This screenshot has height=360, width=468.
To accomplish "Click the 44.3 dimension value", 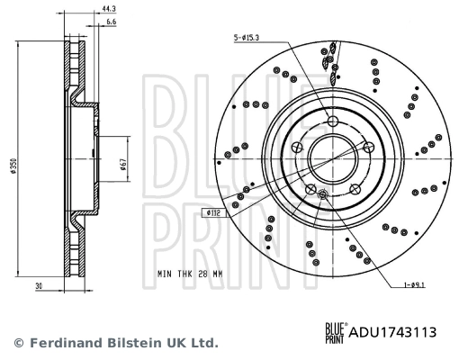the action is pyautogui.click(x=109, y=9).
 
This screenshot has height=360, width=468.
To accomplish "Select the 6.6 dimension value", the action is pyautogui.click(x=111, y=22).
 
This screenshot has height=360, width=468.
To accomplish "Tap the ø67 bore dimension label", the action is pyautogui.click(x=123, y=165).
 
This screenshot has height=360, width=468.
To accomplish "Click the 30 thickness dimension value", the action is pyautogui.click(x=39, y=286).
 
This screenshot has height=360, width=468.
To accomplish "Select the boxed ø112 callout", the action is pyautogui.click(x=213, y=213).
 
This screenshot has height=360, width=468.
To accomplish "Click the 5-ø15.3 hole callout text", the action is pyautogui.click(x=247, y=38).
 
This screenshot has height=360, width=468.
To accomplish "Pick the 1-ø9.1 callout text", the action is pyautogui.click(x=414, y=284).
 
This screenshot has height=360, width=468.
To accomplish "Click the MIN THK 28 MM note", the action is pyautogui.click(x=190, y=274).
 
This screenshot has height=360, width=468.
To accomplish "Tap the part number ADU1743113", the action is pyautogui.click(x=392, y=332).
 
